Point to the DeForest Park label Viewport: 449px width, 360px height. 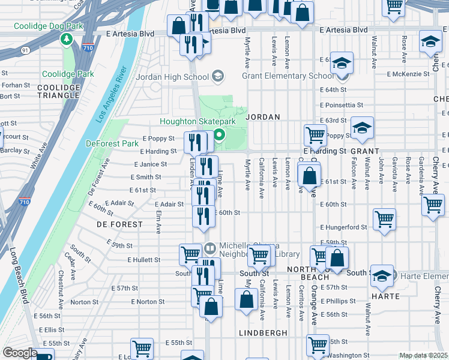tap(112, 143)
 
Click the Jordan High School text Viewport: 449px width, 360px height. tap(172, 76)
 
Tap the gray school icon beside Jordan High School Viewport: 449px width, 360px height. tap(217, 76)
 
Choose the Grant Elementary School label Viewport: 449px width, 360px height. tap(288, 76)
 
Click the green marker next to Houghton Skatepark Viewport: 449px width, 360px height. tap(220, 135)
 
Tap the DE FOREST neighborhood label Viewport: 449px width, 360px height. tap(119, 224)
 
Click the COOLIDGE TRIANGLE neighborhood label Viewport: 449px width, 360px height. tap(59, 91)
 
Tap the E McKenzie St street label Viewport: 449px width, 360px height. tap(408, 74)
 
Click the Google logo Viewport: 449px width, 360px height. tap(20, 353)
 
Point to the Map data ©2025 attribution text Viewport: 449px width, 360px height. tap(423, 355)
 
